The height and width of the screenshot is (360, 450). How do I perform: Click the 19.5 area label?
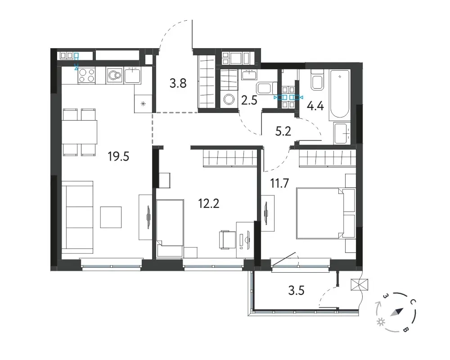click(118, 157)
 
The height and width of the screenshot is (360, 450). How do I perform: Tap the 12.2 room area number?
click(209, 203)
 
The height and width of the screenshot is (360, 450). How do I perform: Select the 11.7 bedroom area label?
click(279, 183)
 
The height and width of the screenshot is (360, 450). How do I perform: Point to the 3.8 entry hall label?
click(178, 84)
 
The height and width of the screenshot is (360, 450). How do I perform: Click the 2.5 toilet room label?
click(249, 101)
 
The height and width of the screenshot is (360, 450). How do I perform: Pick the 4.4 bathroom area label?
click(315, 106)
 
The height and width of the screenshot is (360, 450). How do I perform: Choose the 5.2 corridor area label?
click(283, 131)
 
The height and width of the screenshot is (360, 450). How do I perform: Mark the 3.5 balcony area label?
click(296, 291)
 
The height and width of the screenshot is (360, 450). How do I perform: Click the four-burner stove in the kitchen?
click(87, 75)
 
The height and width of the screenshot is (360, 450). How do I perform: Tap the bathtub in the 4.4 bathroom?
click(339, 94)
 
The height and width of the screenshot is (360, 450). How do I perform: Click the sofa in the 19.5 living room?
click(77, 217)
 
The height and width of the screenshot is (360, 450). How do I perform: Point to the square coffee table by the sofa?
click(111, 217)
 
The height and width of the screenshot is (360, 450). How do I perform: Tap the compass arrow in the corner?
click(397, 312)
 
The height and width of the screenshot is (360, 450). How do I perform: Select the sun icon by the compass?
click(381, 322)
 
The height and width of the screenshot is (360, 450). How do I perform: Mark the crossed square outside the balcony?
click(359, 285)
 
